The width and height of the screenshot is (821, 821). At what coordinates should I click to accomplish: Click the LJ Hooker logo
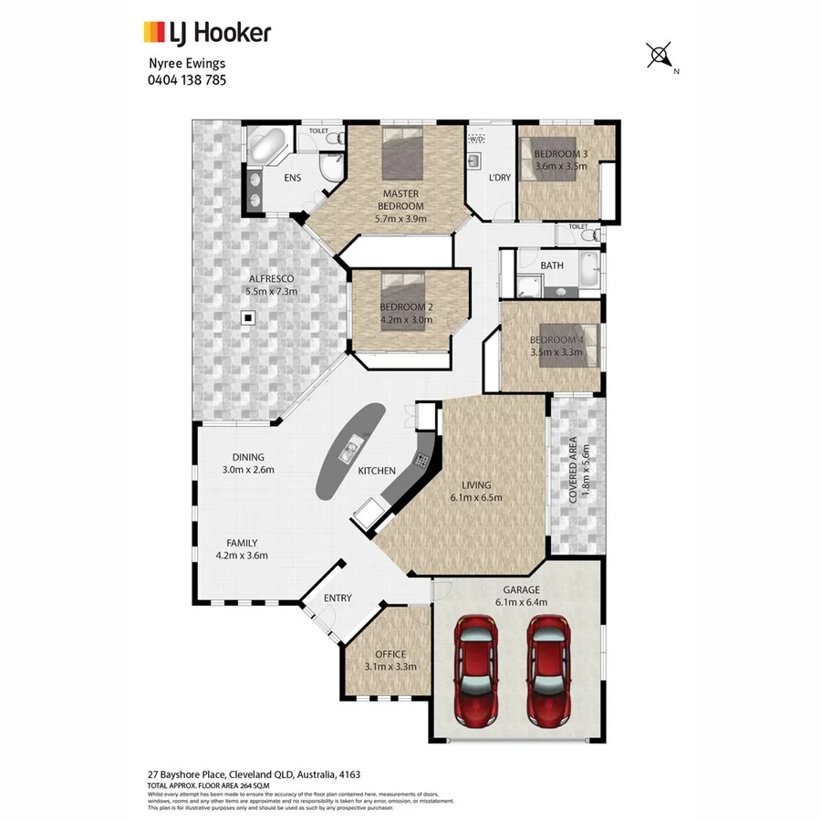click(207, 33)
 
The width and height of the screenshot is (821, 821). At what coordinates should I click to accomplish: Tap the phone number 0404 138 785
click(186, 79)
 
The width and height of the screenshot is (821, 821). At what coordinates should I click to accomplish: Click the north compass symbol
click(659, 57)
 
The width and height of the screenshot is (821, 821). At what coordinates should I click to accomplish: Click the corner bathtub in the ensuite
click(267, 146)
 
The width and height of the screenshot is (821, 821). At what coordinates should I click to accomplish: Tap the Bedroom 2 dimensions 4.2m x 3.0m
click(407, 320)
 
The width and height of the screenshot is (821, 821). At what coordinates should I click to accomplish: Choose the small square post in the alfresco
click(246, 317)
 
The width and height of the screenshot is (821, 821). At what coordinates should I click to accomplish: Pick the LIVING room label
click(476, 485)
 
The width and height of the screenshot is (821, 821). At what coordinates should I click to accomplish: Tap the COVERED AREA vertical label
click(573, 471)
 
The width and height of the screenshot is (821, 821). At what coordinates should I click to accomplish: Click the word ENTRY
click(338, 598)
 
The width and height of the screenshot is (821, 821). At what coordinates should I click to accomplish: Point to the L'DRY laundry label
click(499, 178)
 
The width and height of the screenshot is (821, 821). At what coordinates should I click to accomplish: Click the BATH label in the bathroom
click(552, 266)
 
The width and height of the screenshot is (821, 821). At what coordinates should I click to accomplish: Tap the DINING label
click(247, 457)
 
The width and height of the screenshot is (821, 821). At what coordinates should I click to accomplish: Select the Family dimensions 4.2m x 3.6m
click(242, 555)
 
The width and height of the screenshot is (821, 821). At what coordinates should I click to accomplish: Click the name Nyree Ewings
click(186, 64)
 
